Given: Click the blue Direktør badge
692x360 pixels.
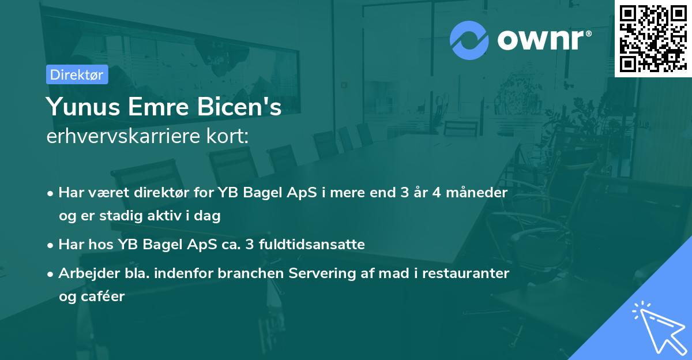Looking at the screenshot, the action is (x=77, y=74).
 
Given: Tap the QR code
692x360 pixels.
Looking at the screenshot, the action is (x=653, y=38).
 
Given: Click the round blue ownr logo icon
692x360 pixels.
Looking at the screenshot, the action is (x=469, y=40).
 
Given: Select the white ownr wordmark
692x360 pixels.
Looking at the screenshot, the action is (x=540, y=40).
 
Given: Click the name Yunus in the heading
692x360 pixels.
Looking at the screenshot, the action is (x=83, y=107).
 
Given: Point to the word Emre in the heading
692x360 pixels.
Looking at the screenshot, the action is (x=158, y=107).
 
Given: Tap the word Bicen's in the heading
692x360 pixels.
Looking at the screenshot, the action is (x=239, y=107).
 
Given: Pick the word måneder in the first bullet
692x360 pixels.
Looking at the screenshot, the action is (x=477, y=193).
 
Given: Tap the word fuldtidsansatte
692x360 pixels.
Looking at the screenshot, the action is (x=312, y=244).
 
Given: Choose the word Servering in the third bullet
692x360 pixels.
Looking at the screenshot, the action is (x=322, y=273).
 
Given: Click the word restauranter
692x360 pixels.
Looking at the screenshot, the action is (x=465, y=273).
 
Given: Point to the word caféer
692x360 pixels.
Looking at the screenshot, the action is (x=103, y=297).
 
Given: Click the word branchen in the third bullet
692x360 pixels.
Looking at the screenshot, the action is (x=250, y=273).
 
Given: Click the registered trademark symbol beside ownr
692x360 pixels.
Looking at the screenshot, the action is (x=588, y=33).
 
